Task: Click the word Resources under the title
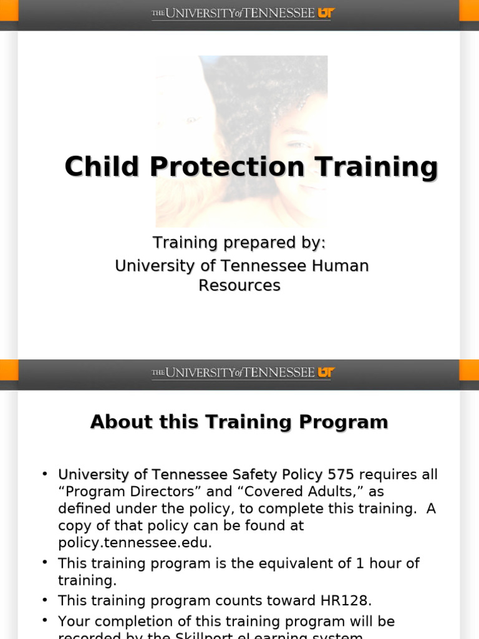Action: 239,285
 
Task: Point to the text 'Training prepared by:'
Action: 239,242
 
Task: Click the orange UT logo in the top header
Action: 326,13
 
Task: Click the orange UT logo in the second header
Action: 326,373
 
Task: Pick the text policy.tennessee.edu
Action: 135,542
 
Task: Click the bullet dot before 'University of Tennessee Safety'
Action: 45,474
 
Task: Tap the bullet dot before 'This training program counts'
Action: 45,600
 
